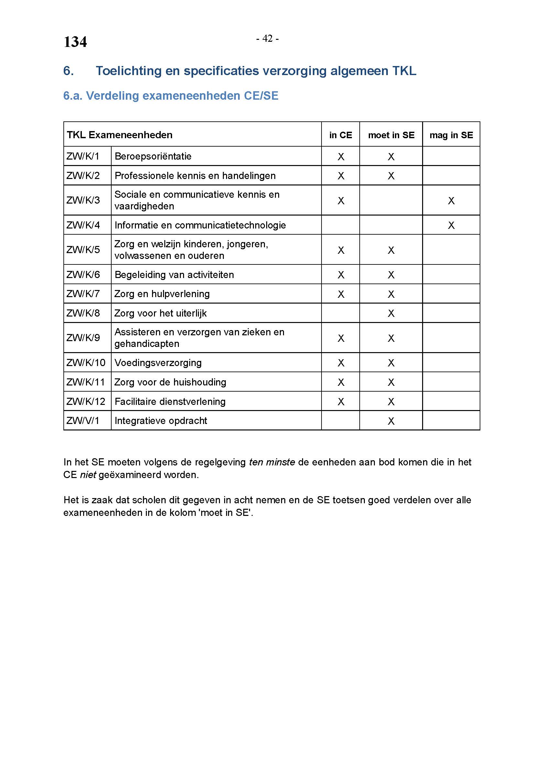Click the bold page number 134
click(75, 42)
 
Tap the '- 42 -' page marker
click(267, 39)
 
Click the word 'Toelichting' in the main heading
click(128, 71)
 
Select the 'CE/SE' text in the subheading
click(261, 95)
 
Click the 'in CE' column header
click(341, 135)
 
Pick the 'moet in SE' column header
click(391, 135)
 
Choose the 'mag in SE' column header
click(451, 135)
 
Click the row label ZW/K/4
click(83, 225)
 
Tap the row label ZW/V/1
click(83, 421)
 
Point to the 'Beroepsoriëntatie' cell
click(153, 156)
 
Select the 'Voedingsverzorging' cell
click(158, 363)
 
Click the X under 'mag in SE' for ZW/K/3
click(451, 200)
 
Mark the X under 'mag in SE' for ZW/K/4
click(451, 226)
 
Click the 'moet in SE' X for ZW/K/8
click(391, 313)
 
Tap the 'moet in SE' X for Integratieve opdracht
click(391, 421)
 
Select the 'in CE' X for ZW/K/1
click(341, 157)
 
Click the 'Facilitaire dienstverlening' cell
click(170, 402)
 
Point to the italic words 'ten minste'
click(272, 462)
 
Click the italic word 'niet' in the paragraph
click(88, 475)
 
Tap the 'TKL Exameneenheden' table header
click(120, 135)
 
